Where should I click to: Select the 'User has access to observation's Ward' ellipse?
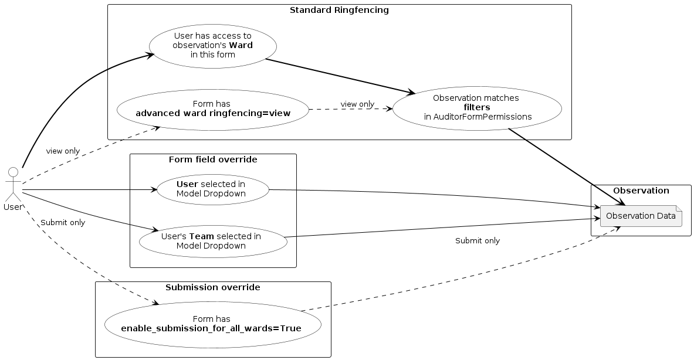pos(212,46)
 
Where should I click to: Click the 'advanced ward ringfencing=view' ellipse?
pos(212,109)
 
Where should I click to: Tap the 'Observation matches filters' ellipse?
pos(477,108)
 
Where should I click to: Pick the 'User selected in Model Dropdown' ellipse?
pos(212,189)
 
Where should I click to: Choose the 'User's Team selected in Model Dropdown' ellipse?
pos(212,240)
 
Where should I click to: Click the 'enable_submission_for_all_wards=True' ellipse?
pos(212,324)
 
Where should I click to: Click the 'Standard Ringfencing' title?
pos(338,11)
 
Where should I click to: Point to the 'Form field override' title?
pos(212,159)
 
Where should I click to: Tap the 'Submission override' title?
pos(212,287)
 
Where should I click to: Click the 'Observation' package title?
pos(641,191)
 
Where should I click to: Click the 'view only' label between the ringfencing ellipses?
pos(357,104)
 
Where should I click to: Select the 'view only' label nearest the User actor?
pos(63,151)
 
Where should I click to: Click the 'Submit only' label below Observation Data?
pos(477,240)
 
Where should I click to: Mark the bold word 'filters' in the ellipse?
pos(476,108)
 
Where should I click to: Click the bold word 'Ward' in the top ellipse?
pos(241,46)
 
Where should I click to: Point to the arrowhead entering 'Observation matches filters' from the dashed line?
pos(389,108)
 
